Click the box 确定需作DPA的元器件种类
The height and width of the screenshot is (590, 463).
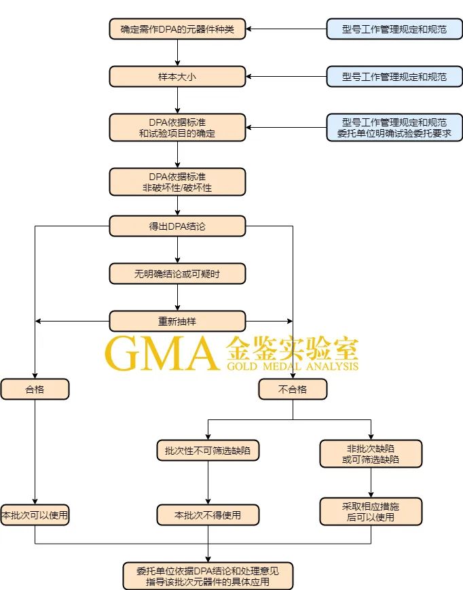177,29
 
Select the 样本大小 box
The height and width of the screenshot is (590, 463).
177,77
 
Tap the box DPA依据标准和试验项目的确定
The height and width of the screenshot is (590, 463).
177,128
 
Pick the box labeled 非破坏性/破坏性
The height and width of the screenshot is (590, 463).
177,181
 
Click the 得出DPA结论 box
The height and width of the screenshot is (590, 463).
177,226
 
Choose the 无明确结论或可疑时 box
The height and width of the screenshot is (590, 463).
177,274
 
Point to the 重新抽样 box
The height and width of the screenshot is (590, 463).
177,321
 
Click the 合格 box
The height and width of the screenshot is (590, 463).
35,389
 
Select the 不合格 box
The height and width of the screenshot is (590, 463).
293,389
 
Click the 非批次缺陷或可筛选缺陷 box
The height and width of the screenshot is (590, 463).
371,453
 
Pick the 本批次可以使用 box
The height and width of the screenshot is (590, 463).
35,515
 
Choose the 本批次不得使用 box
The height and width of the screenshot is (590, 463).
208,515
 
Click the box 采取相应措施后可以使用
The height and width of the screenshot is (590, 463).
371,511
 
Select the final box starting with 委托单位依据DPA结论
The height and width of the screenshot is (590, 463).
208,575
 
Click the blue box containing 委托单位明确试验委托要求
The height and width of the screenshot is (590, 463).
394,128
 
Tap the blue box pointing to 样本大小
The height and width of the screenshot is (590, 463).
394,77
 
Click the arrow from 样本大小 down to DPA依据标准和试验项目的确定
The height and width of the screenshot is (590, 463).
177,100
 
